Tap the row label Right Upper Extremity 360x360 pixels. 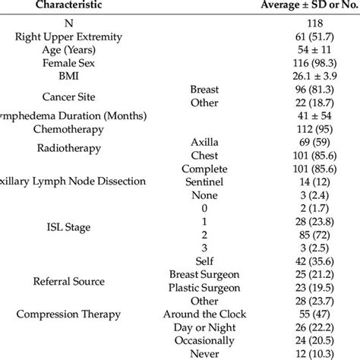(x=73, y=36)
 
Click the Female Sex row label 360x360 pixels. (x=73, y=62)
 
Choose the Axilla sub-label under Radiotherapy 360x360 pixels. (x=204, y=141)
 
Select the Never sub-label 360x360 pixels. (x=204, y=354)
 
